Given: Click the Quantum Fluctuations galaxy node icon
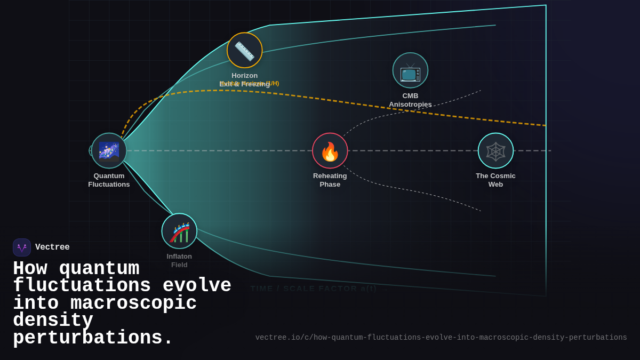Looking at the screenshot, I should click(109, 151).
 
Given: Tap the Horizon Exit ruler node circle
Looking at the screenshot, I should click(245, 50).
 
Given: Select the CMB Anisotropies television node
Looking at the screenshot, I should click(410, 70).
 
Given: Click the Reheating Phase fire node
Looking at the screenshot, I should click(330, 151).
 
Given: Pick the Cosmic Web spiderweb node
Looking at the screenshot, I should click(495, 151).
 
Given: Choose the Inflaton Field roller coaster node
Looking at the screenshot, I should click(179, 231).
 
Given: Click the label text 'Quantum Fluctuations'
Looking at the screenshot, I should click(109, 180).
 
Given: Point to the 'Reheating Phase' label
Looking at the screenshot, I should click(330, 180).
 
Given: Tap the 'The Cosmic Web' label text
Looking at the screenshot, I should click(495, 180).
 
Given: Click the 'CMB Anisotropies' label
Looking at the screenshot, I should click(410, 100).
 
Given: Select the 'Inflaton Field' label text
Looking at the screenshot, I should click(179, 260).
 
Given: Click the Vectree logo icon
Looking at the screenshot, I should click(22, 247).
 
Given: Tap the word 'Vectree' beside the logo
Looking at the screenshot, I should click(52, 247).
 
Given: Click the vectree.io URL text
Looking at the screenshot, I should click(441, 338).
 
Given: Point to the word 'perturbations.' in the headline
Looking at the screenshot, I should click(93, 338).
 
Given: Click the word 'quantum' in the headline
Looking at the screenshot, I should click(99, 268).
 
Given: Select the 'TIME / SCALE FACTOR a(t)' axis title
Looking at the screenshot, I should click(314, 289).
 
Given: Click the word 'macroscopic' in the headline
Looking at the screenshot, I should click(133, 303).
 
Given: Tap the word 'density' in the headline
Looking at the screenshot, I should click(53, 321).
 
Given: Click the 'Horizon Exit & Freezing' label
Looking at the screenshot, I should click(244, 80).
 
